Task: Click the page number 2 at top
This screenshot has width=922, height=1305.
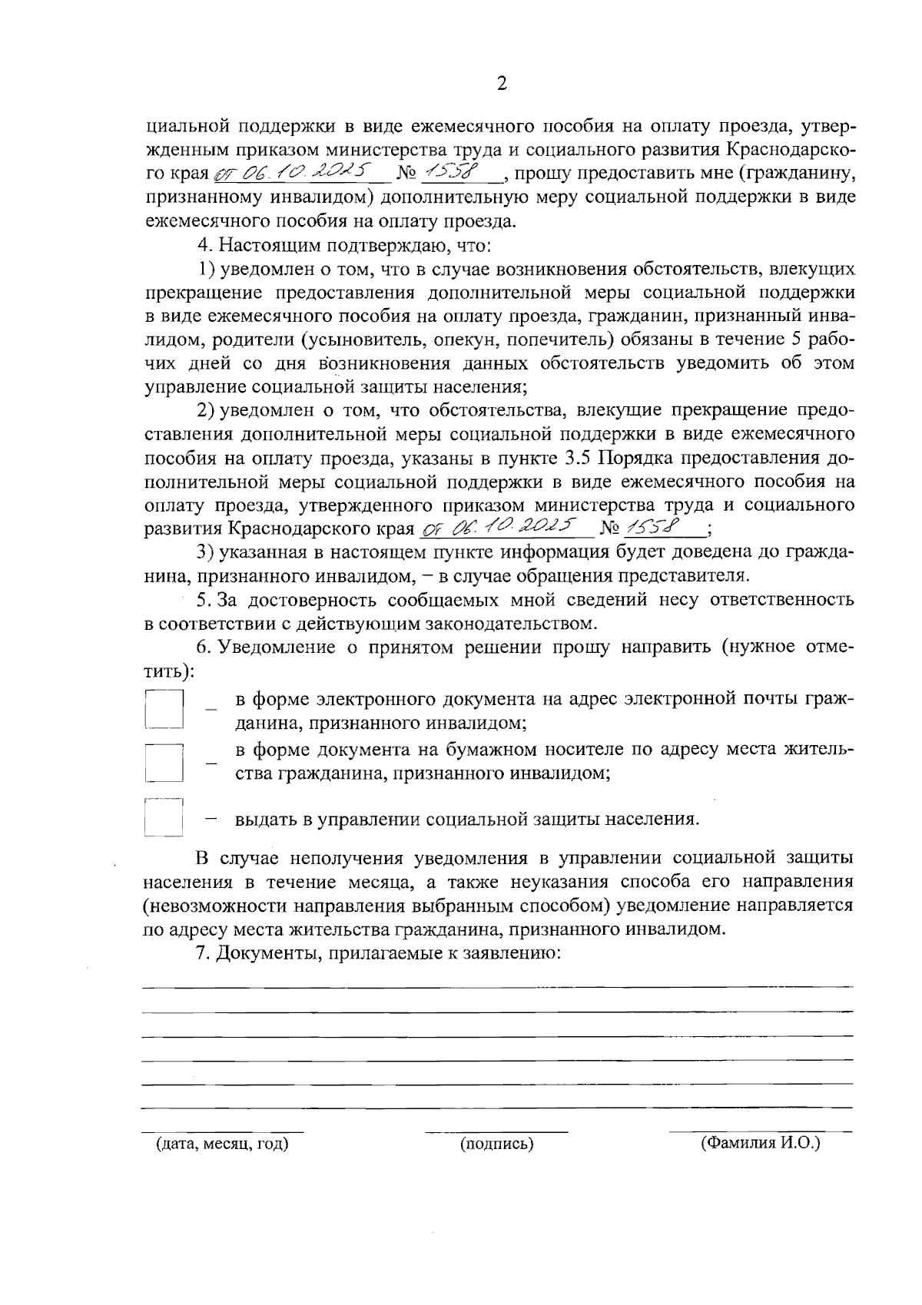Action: tap(502, 84)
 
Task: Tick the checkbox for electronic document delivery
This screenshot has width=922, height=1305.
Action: tap(164, 708)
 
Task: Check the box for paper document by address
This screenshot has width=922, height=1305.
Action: tap(164, 762)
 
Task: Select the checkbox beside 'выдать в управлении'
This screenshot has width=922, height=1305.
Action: tap(164, 817)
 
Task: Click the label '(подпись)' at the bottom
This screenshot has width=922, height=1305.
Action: tap(496, 1144)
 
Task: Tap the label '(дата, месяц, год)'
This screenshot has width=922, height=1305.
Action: tap(222, 1144)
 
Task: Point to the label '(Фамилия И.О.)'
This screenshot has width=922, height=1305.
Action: tap(760, 1143)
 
